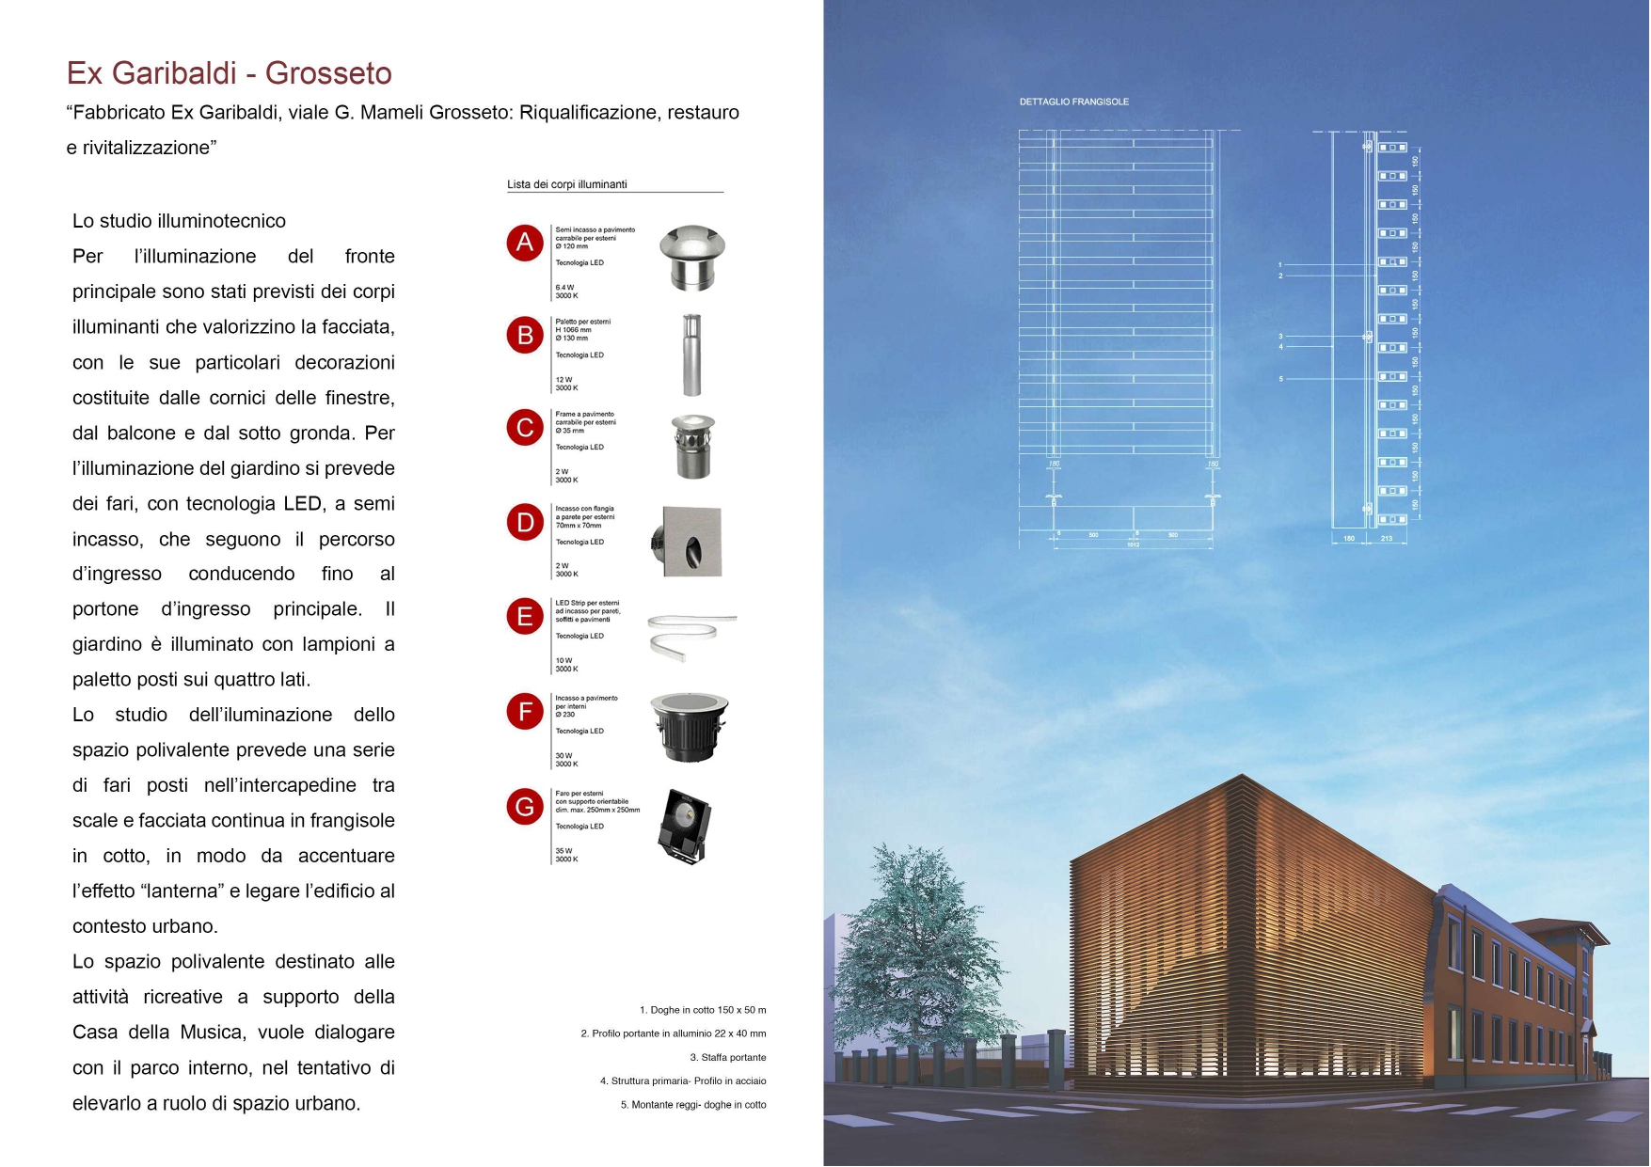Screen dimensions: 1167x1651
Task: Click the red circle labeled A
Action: click(525, 243)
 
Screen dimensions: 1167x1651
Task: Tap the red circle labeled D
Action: click(525, 523)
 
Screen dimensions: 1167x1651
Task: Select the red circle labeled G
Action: click(525, 807)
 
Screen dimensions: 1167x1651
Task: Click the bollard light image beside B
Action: click(691, 355)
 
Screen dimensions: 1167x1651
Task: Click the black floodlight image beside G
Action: click(685, 826)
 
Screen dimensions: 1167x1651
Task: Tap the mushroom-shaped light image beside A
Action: click(692, 258)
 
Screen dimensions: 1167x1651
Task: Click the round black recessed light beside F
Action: click(690, 727)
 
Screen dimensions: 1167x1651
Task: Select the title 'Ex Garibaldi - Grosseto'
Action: click(229, 73)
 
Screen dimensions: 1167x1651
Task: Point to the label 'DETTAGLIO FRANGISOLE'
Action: click(1073, 102)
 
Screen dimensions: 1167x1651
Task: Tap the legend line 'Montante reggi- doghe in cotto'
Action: click(693, 1105)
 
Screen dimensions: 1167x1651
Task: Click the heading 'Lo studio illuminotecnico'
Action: click(179, 221)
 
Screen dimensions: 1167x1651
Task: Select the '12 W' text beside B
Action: click(564, 380)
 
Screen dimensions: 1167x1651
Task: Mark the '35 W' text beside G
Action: click(564, 851)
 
